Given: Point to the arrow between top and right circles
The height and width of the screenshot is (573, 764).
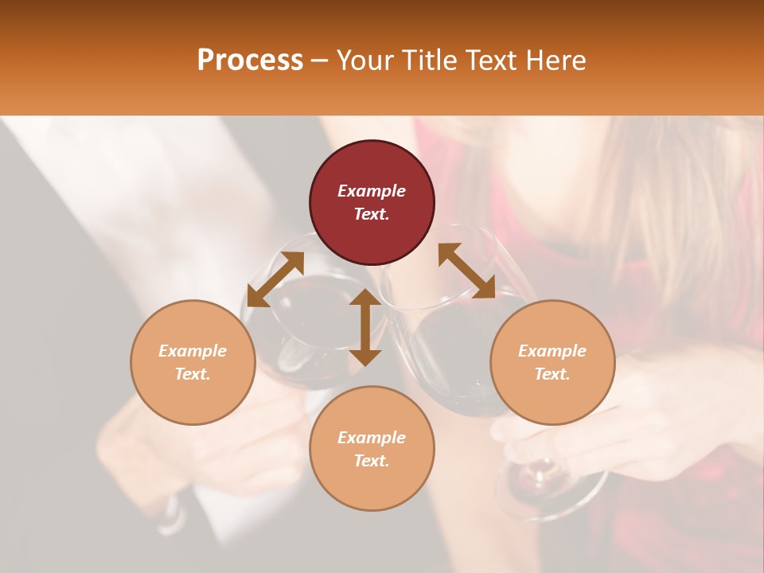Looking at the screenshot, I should click(x=466, y=271).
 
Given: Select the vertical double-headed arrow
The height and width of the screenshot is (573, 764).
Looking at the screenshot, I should click(x=365, y=327).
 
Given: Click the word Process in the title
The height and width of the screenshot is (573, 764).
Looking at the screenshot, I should click(x=250, y=60).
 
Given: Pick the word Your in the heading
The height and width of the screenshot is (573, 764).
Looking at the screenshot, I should click(x=364, y=60).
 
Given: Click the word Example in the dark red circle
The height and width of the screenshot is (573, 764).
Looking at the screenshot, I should click(x=372, y=191).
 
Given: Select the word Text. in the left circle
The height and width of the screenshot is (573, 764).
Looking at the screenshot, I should click(x=193, y=374).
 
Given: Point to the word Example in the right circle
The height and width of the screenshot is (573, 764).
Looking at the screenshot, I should click(x=552, y=351).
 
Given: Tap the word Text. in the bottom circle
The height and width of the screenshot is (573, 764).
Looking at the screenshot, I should click(x=372, y=461).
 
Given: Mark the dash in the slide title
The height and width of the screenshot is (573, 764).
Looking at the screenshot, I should click(x=320, y=61).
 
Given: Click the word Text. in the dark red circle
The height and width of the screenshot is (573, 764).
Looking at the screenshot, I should click(x=372, y=214).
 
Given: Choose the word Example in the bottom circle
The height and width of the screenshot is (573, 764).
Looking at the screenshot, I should click(x=372, y=438).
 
